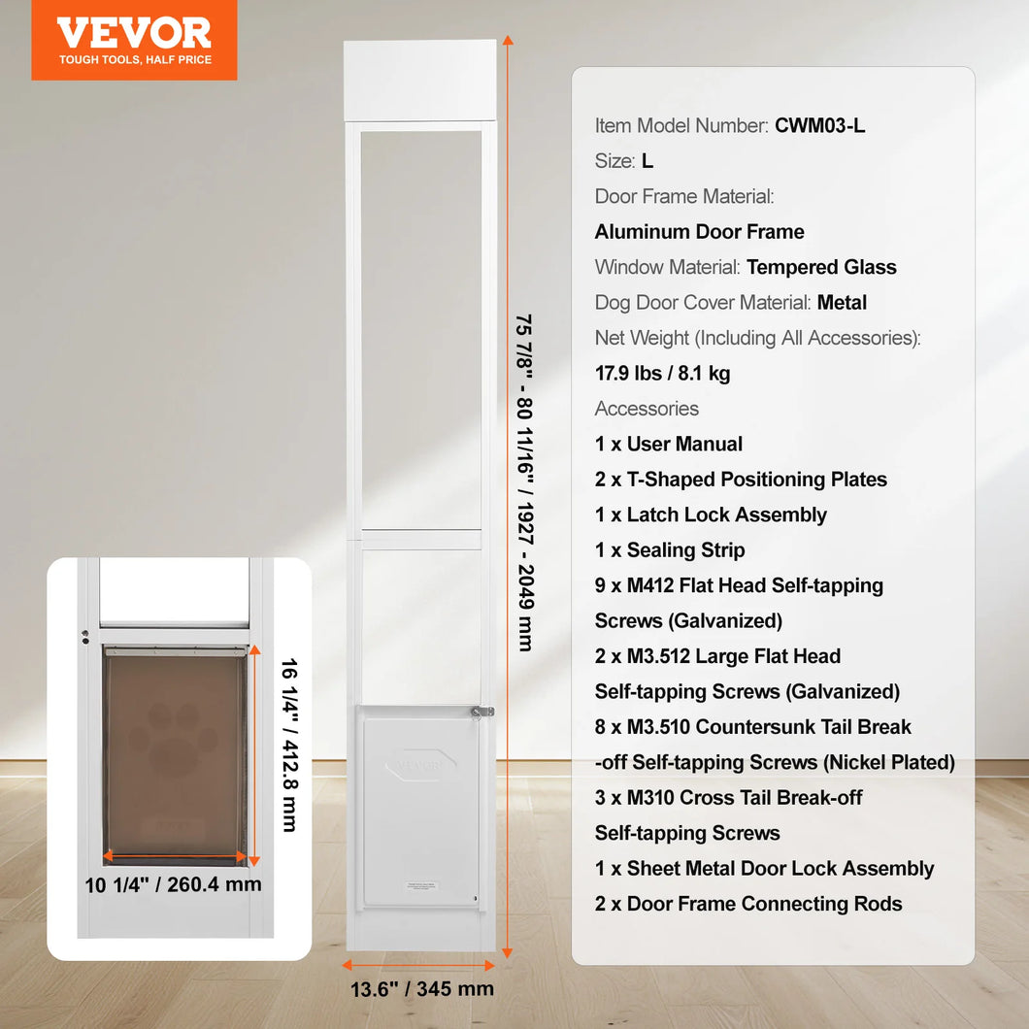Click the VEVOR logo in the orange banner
point(134,34)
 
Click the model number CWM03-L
point(819,125)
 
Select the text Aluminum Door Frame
point(699,232)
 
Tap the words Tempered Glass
point(821,267)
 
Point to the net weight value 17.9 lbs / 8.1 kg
point(662,374)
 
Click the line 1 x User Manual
point(669,444)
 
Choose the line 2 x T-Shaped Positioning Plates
point(741,480)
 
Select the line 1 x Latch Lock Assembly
point(711,514)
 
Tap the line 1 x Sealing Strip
point(670,550)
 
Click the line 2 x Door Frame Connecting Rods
point(748,904)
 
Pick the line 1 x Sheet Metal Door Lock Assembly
point(764,869)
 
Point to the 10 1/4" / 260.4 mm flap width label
point(173,884)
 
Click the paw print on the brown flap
point(172,741)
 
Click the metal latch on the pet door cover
point(481,713)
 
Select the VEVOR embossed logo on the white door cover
point(419,766)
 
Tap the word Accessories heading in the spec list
point(647,409)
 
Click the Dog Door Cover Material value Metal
point(842,303)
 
